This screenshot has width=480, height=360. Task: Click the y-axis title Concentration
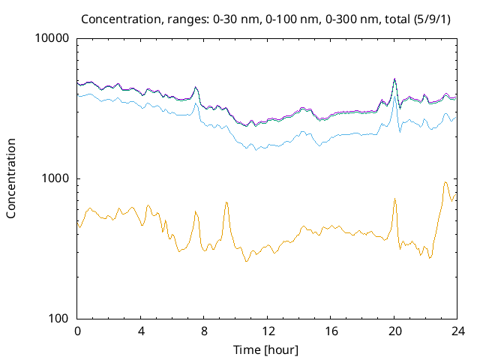point(11,178)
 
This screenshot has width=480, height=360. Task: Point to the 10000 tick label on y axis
point(52,39)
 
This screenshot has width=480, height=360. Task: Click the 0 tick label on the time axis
point(77,331)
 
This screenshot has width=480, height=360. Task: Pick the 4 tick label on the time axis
point(141,331)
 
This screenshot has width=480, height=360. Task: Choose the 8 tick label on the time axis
point(204,331)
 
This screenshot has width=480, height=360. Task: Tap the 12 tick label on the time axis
point(268,331)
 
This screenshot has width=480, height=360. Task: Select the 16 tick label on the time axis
point(331,331)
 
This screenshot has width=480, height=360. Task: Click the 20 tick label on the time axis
point(394,331)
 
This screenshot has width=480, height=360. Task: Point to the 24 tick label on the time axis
point(457,331)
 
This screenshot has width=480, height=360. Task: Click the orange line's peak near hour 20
point(394,199)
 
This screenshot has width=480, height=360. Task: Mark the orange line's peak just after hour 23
point(445,182)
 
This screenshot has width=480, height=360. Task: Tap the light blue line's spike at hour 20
point(394,95)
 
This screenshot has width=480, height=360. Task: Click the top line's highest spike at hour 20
point(394,79)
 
